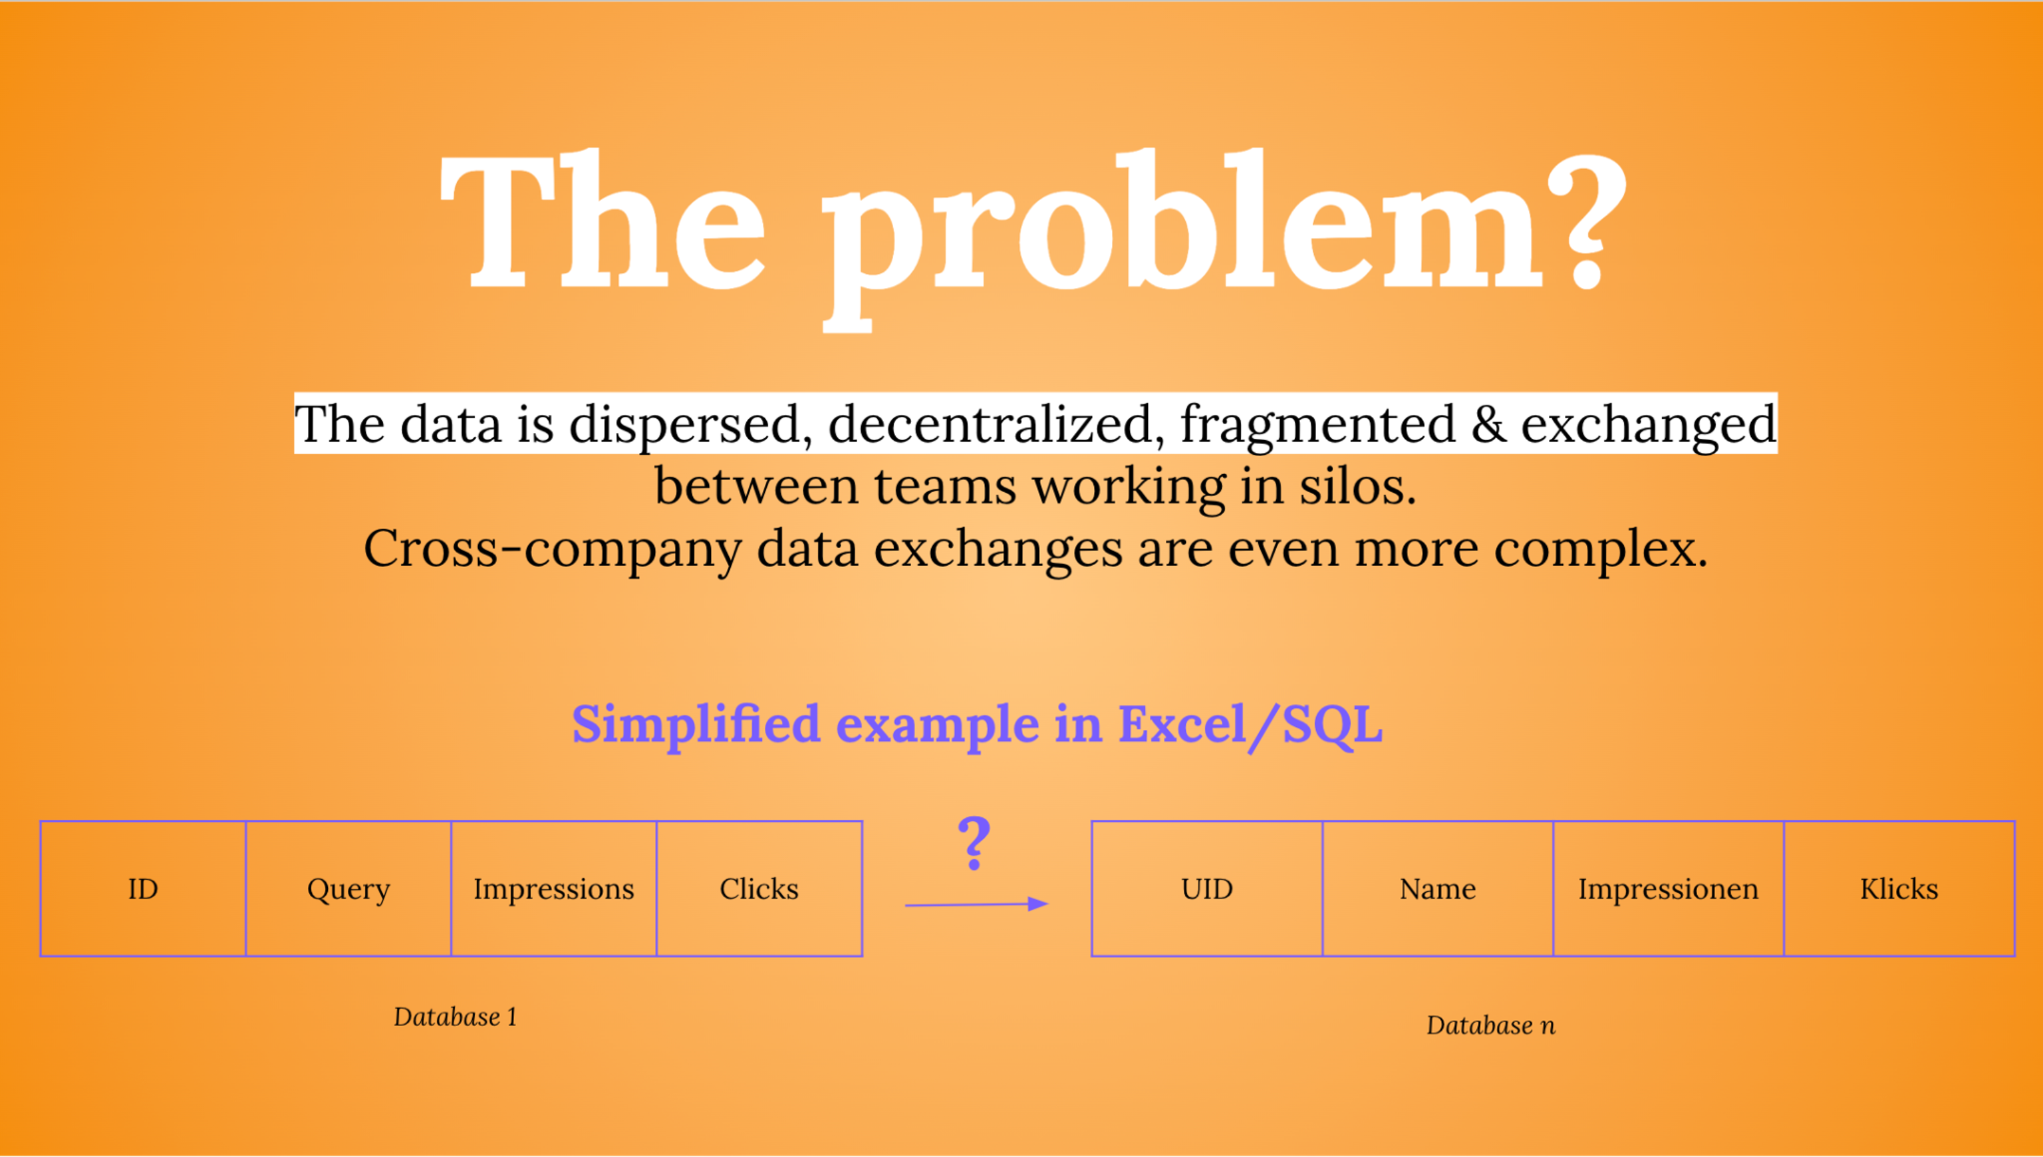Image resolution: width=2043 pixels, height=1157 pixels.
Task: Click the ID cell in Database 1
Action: [143, 888]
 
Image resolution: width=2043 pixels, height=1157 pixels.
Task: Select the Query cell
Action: [348, 888]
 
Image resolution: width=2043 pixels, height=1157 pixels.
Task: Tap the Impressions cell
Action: [554, 888]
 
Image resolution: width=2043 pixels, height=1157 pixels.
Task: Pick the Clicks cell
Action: [759, 888]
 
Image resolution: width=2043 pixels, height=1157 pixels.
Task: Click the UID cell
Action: [1206, 888]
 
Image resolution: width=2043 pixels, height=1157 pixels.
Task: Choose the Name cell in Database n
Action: [1438, 888]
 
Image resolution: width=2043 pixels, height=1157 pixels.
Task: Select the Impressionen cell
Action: [1668, 888]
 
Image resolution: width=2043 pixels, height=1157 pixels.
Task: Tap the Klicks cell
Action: [1899, 888]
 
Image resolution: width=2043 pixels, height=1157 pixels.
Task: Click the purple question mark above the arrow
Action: [974, 842]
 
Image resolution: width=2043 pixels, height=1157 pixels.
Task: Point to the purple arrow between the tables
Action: [976, 904]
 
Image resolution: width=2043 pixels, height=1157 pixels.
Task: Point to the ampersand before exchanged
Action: [1488, 424]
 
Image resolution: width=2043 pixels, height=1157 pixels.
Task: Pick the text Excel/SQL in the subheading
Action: [1250, 725]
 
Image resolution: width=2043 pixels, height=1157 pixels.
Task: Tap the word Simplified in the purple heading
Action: [696, 725]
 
